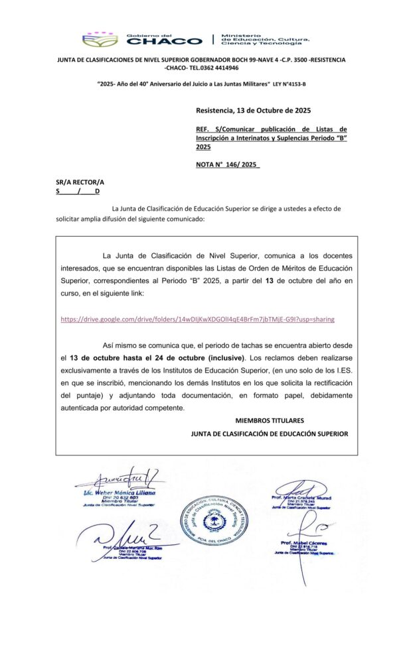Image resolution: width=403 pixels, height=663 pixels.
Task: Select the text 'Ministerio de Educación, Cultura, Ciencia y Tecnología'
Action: (x=261, y=40)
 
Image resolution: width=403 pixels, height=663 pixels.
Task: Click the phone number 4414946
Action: (x=222, y=68)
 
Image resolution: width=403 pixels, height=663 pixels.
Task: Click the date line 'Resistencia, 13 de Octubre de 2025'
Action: (x=253, y=110)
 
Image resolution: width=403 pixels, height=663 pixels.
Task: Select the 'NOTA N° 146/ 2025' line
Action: (x=228, y=165)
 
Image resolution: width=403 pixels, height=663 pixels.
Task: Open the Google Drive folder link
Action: (x=197, y=319)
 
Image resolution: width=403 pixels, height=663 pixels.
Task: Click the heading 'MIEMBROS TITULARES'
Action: (x=270, y=420)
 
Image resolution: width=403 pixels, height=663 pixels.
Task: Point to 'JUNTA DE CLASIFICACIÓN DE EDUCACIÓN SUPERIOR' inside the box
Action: (x=269, y=434)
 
